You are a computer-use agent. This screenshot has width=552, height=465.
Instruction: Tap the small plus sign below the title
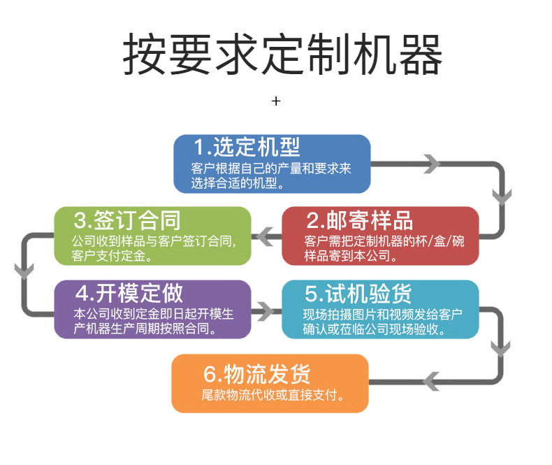276,101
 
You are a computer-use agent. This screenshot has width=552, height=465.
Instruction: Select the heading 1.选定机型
247,148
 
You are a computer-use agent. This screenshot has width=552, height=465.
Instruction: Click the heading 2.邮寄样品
359,220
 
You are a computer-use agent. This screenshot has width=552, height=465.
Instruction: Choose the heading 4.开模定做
129,292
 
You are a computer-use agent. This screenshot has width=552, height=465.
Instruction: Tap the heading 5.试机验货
358,292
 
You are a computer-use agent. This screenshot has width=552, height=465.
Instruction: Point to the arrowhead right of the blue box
432,164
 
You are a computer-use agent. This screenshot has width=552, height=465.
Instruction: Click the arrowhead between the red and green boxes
266,237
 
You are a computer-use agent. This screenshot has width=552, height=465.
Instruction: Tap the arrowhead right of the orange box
432,381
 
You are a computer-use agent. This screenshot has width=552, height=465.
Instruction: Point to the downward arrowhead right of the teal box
501,347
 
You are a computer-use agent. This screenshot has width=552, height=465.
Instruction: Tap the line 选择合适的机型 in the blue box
238,184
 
